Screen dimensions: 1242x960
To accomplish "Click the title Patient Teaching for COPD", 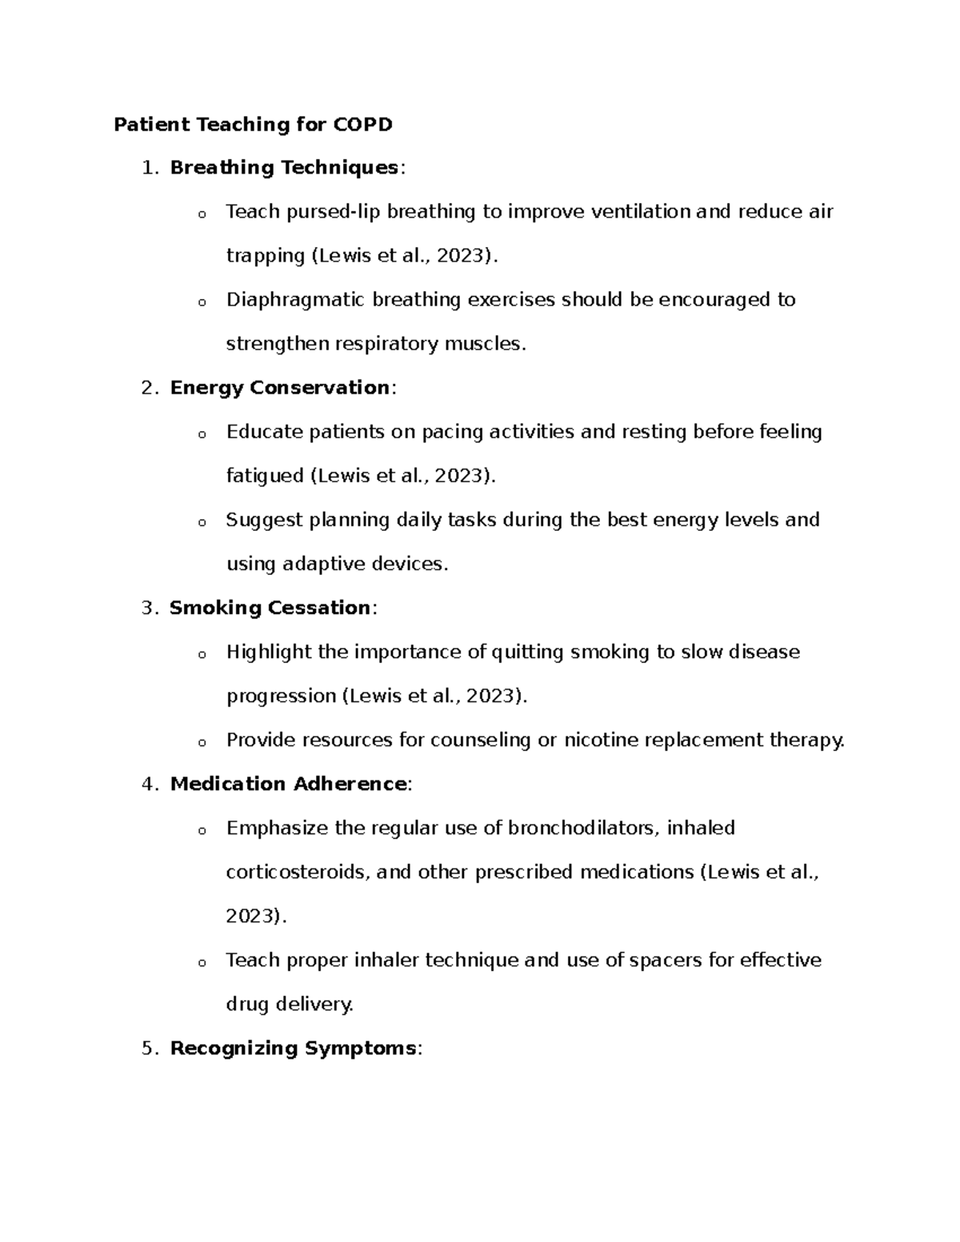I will (x=253, y=125).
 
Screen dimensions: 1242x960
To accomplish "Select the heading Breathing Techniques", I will (x=284, y=168).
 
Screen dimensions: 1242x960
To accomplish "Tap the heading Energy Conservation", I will (x=279, y=388).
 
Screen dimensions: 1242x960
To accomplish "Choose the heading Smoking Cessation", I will (x=270, y=608).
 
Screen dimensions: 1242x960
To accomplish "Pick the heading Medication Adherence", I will (x=288, y=784).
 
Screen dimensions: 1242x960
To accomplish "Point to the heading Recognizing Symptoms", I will (x=293, y=1048).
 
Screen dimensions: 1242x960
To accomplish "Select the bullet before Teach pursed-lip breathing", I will (x=202, y=214).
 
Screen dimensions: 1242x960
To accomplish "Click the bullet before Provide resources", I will (x=202, y=742).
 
